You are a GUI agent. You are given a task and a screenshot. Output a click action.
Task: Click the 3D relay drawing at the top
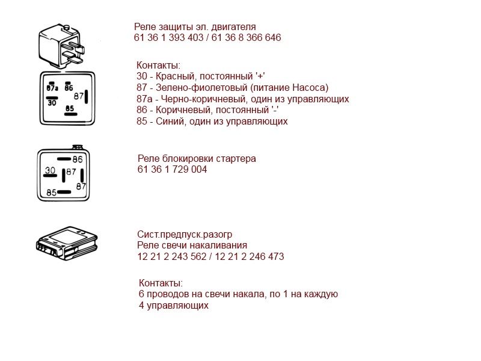[64, 46]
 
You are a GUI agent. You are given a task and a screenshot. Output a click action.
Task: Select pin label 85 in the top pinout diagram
[70, 109]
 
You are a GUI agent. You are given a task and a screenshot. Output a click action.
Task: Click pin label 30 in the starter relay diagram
[50, 171]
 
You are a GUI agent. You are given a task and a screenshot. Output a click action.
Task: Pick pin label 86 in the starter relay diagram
[78, 159]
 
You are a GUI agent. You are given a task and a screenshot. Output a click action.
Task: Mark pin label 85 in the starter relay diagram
[52, 193]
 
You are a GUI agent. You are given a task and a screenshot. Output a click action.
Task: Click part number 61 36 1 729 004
[172, 170]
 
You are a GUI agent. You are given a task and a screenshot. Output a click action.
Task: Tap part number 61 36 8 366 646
[246, 38]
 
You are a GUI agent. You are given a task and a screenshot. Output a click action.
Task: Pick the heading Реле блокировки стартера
[197, 159]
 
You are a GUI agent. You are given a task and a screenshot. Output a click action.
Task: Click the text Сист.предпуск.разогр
[185, 235]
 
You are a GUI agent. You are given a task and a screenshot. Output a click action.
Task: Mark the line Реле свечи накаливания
[192, 245]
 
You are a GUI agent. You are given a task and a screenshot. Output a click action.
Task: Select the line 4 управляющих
[173, 306]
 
